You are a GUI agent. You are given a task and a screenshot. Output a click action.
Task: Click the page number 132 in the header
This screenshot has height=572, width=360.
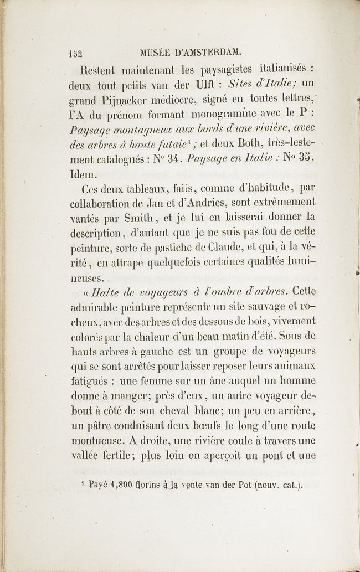74,54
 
